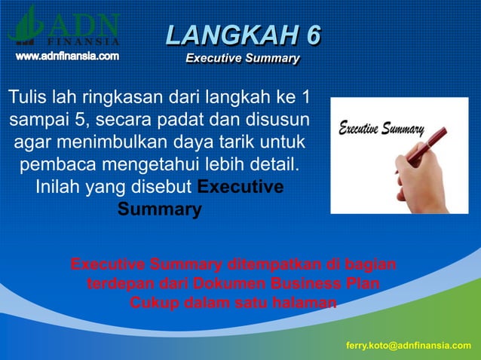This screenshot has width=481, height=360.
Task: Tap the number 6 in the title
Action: (x=311, y=35)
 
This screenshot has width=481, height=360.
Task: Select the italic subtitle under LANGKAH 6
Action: (x=243, y=58)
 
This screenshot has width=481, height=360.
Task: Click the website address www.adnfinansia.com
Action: (x=67, y=56)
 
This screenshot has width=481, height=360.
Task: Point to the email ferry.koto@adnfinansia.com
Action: (x=409, y=345)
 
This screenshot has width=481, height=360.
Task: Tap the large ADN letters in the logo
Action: (x=84, y=21)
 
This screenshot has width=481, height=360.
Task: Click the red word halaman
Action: (x=301, y=304)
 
